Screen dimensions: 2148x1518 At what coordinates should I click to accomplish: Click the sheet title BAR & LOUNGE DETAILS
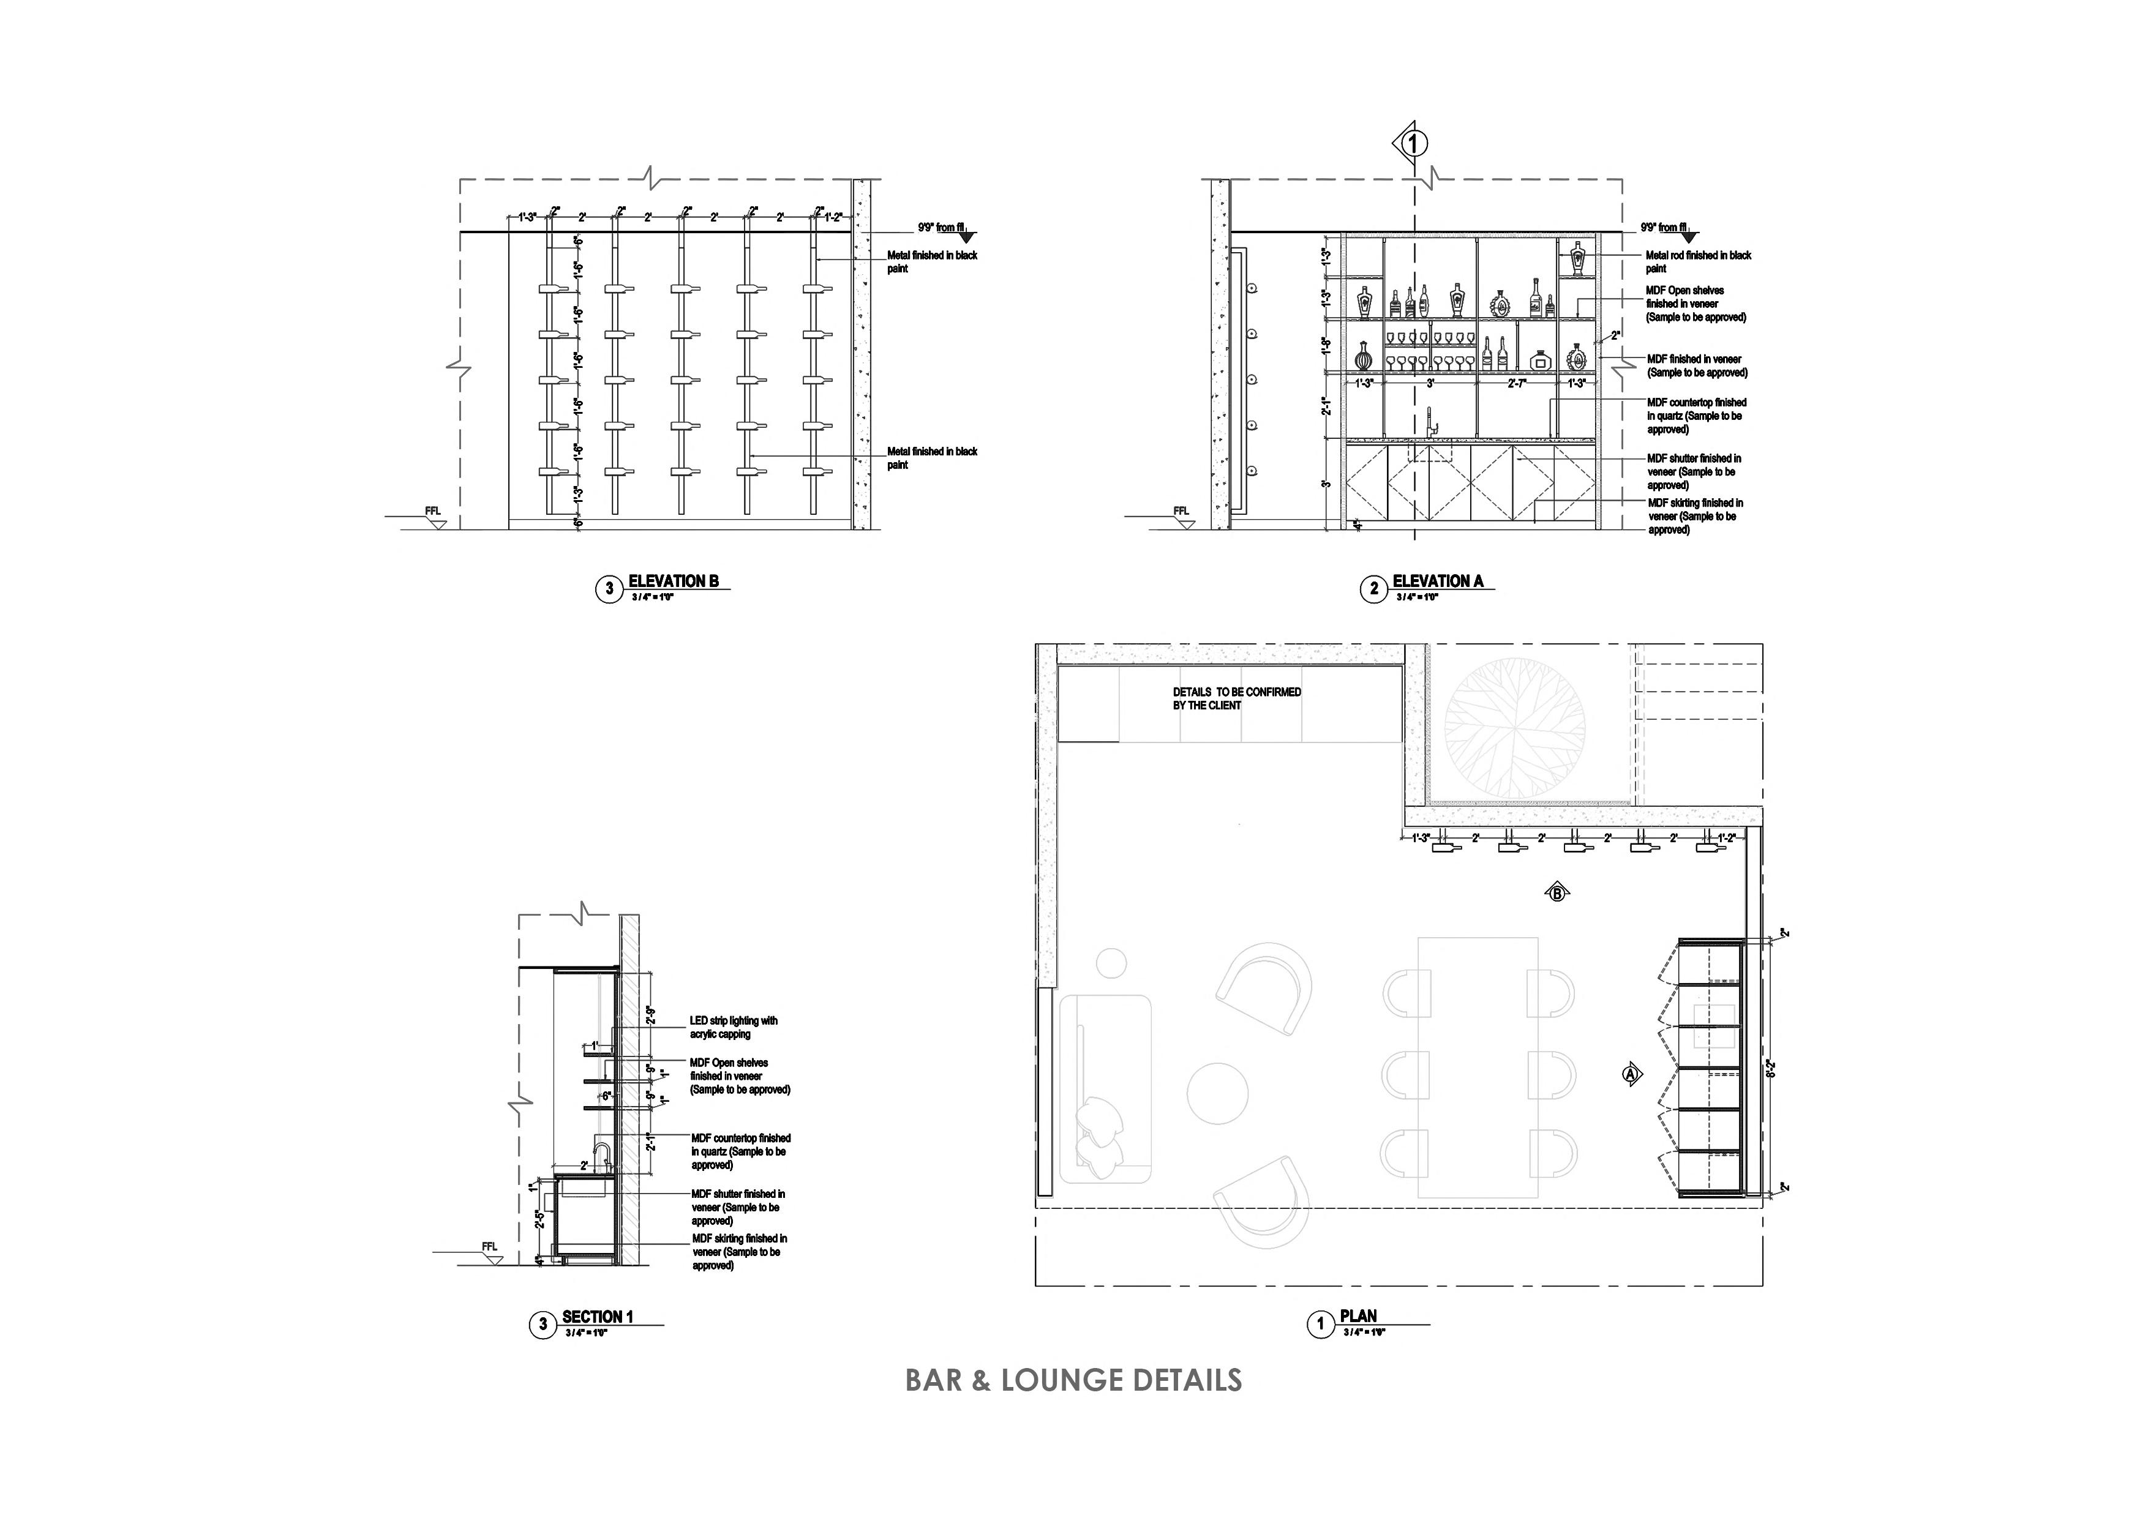pos(1073,1380)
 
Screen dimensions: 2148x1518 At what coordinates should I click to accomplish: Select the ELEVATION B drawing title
pos(673,581)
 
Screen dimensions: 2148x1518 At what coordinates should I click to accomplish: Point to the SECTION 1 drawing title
pos(597,1317)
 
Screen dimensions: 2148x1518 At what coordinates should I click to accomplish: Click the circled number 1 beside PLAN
pos(1320,1325)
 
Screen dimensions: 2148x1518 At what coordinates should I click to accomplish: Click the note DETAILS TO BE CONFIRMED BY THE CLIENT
pos(1237,698)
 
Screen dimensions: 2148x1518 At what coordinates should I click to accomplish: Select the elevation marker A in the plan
pos(1631,1075)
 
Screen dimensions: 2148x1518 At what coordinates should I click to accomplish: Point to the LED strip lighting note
pos(734,1027)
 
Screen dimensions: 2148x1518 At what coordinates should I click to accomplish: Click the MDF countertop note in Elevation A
pos(1696,415)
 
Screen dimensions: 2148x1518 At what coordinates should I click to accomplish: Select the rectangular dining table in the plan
pos(1478,1067)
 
